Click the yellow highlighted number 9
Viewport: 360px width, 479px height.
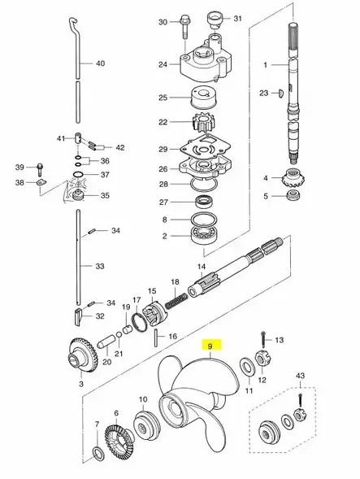(x=210, y=346)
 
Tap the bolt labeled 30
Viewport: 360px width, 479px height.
(x=184, y=26)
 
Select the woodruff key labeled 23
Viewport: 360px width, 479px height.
(x=281, y=93)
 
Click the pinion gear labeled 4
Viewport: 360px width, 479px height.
(x=293, y=177)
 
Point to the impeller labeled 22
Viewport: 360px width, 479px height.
(x=202, y=123)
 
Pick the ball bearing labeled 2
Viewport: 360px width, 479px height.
(x=202, y=236)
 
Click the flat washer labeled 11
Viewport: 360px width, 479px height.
(x=247, y=366)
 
